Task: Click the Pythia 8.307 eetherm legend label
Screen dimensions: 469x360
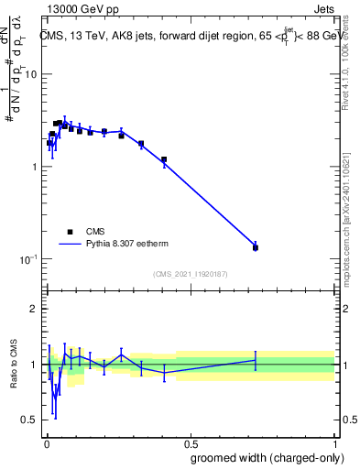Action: (131, 245)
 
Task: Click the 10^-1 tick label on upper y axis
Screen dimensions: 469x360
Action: (27, 259)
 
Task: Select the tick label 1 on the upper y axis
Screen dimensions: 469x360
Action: (34, 167)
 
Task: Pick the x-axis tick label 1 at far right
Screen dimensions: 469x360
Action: (335, 442)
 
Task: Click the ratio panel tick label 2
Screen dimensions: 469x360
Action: (35, 309)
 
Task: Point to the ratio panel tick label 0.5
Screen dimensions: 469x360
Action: (29, 420)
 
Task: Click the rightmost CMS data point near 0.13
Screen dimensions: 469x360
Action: (256, 247)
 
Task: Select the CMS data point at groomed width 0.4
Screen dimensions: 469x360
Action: (164, 159)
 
